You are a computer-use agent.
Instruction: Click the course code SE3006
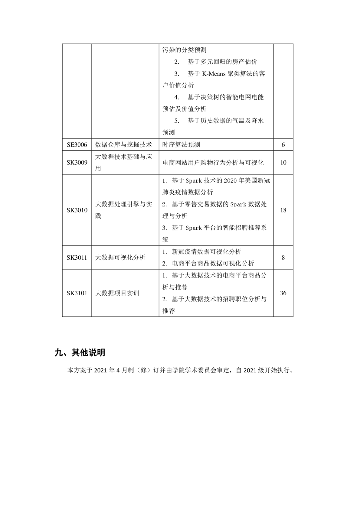(x=77, y=145)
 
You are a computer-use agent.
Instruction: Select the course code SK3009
(x=77, y=163)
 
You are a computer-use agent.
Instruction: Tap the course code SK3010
(x=77, y=210)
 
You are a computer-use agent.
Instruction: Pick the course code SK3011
(x=77, y=258)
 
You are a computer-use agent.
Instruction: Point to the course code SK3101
(x=77, y=293)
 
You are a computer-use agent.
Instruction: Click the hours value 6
(x=283, y=145)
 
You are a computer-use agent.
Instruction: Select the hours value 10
(x=283, y=163)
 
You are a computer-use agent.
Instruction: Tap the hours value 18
(x=283, y=210)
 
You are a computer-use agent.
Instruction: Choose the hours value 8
(x=283, y=258)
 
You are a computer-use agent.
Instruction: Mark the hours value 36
(x=283, y=293)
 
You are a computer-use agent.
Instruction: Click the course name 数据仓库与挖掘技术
(x=123, y=145)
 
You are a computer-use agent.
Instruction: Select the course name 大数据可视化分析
(x=120, y=258)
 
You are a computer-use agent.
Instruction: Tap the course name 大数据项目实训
(x=117, y=293)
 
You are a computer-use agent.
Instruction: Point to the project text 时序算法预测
(x=181, y=145)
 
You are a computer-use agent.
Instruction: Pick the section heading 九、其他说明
(x=80, y=352)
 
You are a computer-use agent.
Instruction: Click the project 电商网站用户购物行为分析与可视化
(x=213, y=163)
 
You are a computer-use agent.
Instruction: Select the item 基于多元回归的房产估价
(x=222, y=62)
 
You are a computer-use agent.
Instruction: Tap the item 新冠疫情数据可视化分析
(x=206, y=252)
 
